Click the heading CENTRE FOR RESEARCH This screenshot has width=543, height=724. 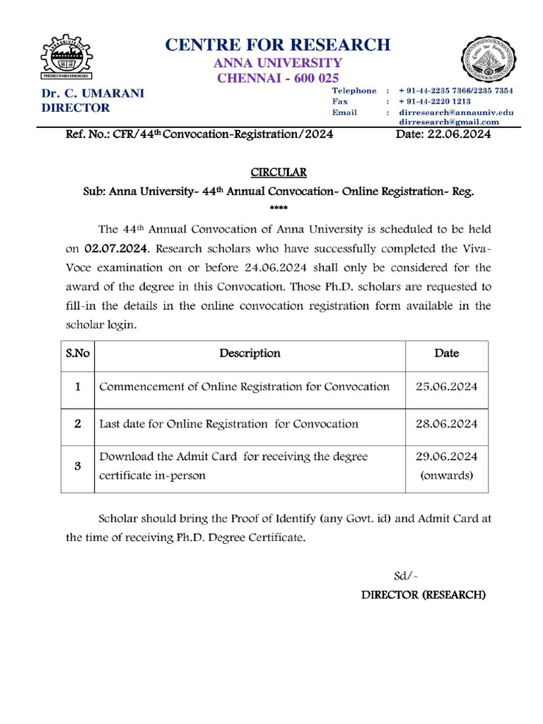pos(277,45)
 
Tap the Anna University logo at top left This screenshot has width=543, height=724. pos(70,56)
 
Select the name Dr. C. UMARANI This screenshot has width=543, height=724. pos(92,93)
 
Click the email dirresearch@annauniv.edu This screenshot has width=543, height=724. pos(456,112)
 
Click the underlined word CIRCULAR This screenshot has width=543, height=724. pos(279,173)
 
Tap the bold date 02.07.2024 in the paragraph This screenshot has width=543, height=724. pos(117,249)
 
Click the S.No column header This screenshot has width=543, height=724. pos(78,354)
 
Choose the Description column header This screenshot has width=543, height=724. pos(250,354)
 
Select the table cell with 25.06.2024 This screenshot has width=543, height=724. pos(446,387)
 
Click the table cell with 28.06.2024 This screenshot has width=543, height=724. pos(446,424)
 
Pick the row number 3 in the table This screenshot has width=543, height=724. pos(78,466)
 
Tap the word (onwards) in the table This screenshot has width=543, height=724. pos(446,476)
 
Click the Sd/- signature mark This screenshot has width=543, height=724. pos(406,576)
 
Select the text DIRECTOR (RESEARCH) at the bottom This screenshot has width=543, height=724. pos(424,595)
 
